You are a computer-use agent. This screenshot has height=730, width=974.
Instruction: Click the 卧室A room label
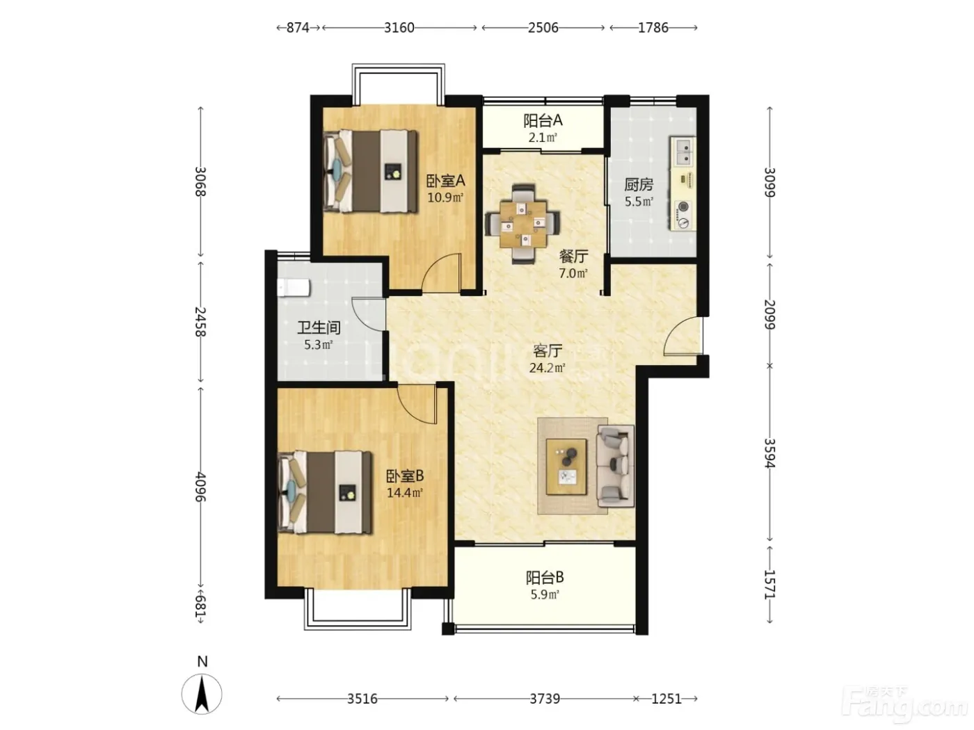[x=445, y=181]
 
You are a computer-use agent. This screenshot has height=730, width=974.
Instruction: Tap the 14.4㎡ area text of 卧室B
[x=404, y=492]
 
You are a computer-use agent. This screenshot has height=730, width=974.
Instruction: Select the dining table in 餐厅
[x=522, y=224]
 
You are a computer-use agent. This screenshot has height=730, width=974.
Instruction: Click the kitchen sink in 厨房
[x=682, y=151]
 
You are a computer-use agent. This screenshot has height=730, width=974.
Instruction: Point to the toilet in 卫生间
[x=294, y=288]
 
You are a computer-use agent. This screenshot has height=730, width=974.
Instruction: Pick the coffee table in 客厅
[x=566, y=467]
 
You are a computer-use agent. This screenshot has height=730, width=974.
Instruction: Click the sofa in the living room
[x=616, y=466]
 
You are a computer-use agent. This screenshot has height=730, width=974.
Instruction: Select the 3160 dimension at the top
[x=399, y=28]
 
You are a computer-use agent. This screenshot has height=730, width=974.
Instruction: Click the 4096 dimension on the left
[x=200, y=486]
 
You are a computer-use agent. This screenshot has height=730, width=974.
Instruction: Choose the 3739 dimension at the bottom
[x=545, y=699]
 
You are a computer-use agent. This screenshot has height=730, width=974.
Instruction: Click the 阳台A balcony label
[x=543, y=120]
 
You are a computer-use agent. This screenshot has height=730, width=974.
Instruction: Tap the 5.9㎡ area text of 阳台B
[x=545, y=594]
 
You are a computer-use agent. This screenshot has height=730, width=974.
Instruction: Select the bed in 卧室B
[x=324, y=492]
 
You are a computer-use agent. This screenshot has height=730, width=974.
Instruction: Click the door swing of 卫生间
[x=368, y=314]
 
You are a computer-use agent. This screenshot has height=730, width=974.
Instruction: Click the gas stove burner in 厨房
[x=683, y=207]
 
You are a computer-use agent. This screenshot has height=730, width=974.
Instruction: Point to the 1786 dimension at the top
[x=653, y=28]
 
